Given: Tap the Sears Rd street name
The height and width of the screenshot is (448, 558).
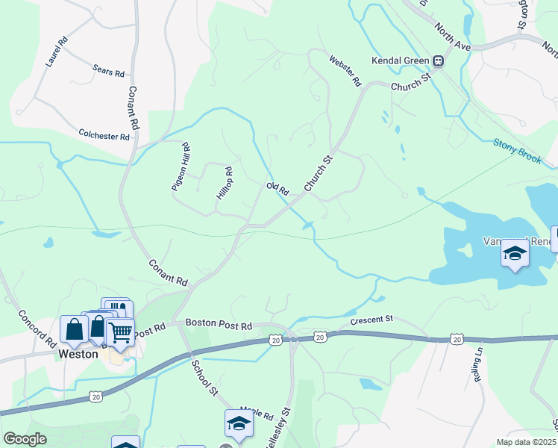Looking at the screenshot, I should coord(109,71).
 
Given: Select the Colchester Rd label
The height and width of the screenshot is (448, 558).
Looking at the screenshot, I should coord(104,135).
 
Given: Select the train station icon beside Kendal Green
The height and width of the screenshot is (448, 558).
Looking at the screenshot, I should coord(439,60).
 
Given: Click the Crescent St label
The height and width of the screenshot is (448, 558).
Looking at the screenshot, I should coord(372,321).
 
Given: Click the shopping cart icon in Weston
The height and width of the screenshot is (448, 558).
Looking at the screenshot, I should coord(120,333).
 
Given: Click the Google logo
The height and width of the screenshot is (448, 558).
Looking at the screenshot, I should coord(25,439).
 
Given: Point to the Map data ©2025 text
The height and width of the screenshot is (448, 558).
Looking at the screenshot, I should coord(526,442).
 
